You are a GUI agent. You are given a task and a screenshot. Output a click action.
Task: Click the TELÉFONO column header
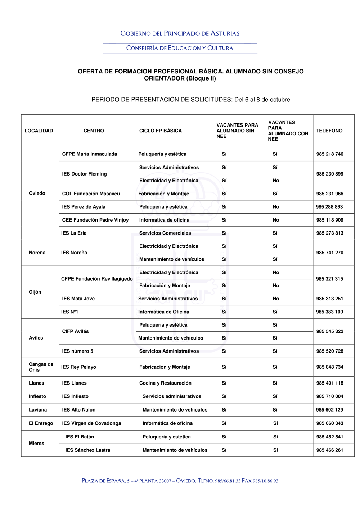[329, 131]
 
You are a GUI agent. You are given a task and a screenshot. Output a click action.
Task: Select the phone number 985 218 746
[330, 154]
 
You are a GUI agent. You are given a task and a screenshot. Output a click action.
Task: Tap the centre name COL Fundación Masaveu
[91, 194]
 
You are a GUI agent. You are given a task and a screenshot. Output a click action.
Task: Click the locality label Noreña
[37, 253]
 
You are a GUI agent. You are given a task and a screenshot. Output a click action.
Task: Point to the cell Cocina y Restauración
[165, 383]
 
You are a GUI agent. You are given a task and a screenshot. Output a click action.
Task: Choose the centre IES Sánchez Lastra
[87, 450]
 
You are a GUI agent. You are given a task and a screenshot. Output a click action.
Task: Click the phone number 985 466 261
[330, 450]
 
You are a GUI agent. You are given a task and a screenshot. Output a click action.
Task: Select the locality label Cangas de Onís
[41, 367]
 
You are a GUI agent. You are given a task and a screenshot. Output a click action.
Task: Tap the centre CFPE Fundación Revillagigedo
[97, 279]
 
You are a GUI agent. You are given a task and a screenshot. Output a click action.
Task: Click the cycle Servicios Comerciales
[165, 233]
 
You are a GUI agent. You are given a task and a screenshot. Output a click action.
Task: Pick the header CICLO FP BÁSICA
[161, 131]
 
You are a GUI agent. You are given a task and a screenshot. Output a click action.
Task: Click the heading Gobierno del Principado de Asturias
[180, 33]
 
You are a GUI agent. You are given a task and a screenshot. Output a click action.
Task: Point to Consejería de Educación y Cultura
[180, 48]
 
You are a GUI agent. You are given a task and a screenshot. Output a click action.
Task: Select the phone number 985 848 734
[330, 367]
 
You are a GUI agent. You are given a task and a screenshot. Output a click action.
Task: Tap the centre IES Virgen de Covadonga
[91, 423]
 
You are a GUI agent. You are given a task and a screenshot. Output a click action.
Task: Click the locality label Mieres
[36, 443]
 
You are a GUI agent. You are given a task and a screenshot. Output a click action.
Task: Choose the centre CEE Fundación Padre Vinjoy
[95, 220]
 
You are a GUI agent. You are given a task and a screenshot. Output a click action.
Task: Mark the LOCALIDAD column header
[39, 131]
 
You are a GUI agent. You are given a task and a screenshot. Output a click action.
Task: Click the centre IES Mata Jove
[78, 299]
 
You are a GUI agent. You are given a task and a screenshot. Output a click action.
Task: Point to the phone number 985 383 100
[330, 312]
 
